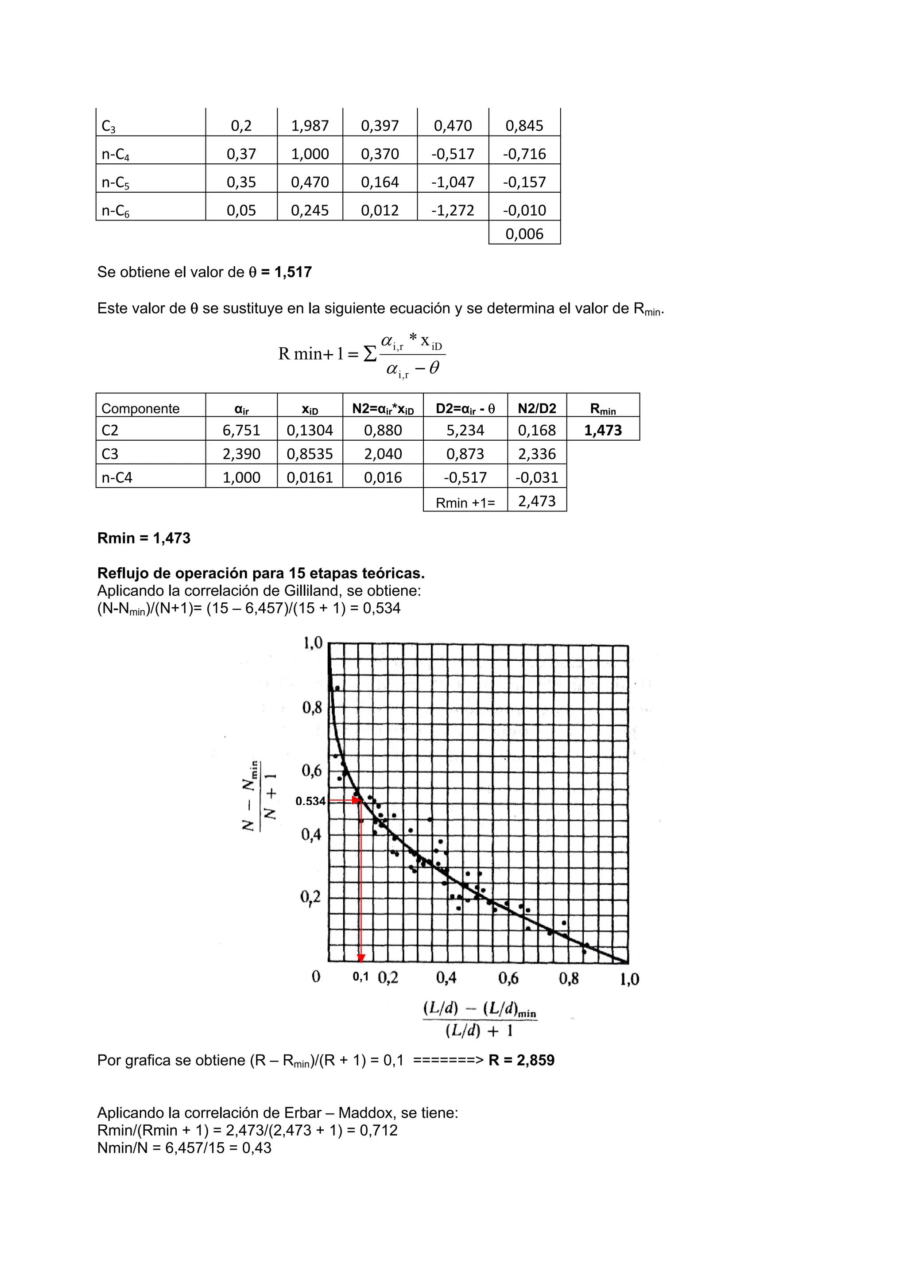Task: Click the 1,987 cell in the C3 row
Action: click(310, 126)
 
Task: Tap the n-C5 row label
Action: click(115, 183)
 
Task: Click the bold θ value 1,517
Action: click(293, 272)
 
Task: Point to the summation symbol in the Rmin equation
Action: click(369, 354)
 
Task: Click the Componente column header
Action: click(140, 408)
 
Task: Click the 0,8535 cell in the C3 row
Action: click(310, 454)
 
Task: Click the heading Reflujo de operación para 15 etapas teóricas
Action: click(260, 574)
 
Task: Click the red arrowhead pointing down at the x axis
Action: click(361, 958)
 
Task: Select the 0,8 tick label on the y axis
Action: click(312, 708)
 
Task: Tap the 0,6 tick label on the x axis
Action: click(508, 978)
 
